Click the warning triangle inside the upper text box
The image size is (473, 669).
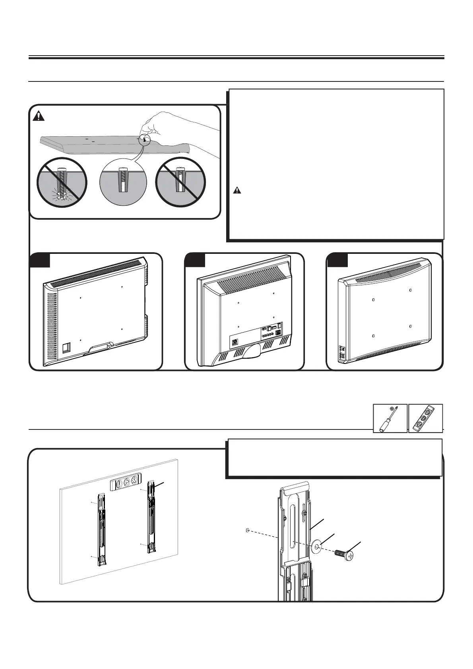237,190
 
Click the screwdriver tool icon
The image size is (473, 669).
390,418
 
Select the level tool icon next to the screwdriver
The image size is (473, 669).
426,418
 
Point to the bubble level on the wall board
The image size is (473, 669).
125,485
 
